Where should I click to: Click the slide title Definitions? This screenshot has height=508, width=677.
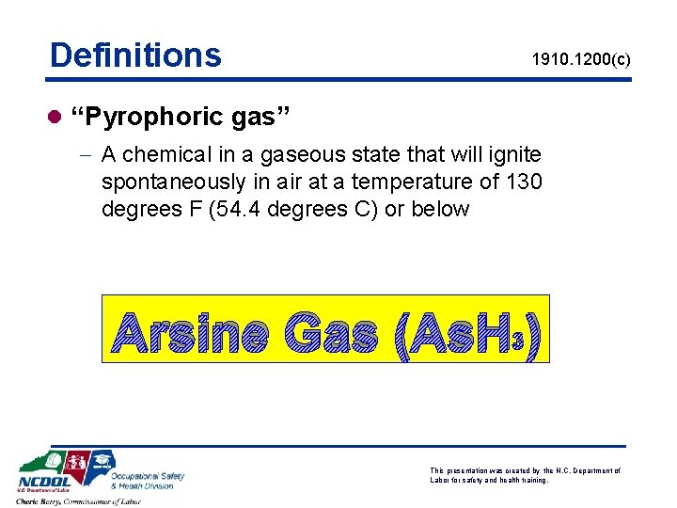(x=135, y=56)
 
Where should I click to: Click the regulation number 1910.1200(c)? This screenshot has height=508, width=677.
(x=580, y=60)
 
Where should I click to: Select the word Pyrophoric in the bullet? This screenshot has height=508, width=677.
(x=150, y=119)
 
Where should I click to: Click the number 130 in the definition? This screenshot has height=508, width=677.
(x=523, y=181)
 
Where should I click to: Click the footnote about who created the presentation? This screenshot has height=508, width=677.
(x=524, y=475)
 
